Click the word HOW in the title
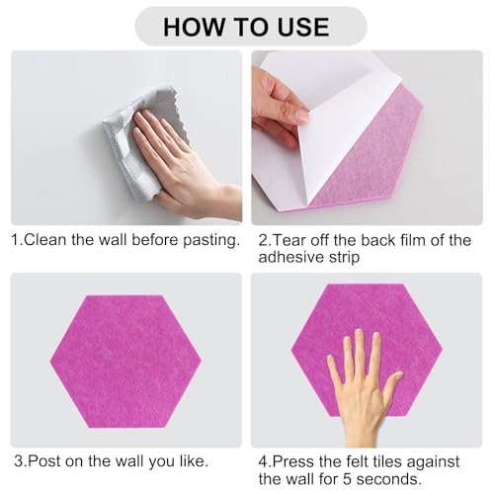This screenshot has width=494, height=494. (194, 27)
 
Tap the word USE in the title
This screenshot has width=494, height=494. (303, 27)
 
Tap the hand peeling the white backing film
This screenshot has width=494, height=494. (280, 107)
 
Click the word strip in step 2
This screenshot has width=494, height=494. (344, 258)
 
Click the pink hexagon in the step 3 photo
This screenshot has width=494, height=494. (125, 362)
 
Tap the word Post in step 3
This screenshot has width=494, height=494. (43, 461)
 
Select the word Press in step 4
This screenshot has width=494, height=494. (293, 461)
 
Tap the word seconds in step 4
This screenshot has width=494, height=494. (387, 479)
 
